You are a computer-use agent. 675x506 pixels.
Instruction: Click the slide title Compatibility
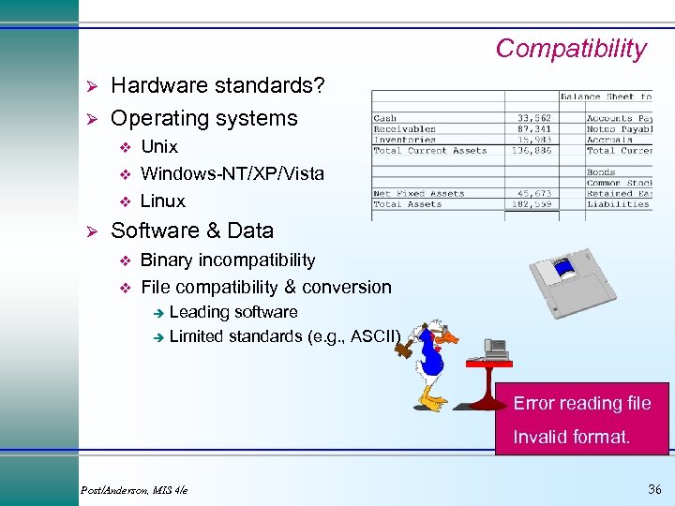(570, 49)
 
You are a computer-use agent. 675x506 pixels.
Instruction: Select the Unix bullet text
(158, 146)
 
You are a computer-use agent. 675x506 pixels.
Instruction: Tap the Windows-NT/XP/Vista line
(232, 173)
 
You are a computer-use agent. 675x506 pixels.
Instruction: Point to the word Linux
(162, 201)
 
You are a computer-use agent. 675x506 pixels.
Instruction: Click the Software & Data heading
(192, 231)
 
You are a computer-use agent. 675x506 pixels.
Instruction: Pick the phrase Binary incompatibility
(227, 260)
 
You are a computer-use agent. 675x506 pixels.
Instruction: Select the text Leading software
(233, 312)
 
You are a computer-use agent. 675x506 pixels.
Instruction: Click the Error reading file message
(581, 404)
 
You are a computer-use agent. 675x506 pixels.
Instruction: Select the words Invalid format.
(571, 437)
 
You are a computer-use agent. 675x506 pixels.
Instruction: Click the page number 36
(654, 489)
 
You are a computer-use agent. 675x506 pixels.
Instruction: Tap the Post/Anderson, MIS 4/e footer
(134, 490)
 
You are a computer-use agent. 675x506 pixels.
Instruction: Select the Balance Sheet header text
(606, 97)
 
